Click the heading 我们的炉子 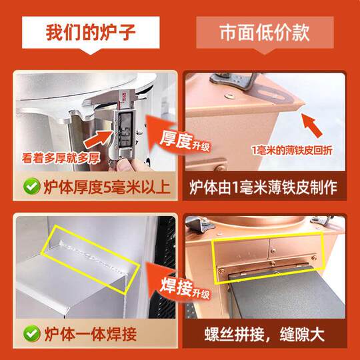tap(91, 32)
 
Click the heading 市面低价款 tap(265, 33)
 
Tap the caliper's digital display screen tap(125, 130)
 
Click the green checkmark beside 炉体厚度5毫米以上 tap(32, 186)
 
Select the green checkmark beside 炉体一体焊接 tap(32, 333)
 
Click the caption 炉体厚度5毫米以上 tap(107, 187)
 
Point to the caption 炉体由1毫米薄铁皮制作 tap(263, 187)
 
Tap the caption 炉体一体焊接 tap(91, 334)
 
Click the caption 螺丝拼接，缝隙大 tap(264, 334)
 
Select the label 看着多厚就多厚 tap(61, 158)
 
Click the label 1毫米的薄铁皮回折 tap(292, 151)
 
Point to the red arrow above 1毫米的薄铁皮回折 tap(312, 125)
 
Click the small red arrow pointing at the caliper tap(98, 139)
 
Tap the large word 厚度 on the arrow tap(175, 139)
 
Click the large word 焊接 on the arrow tap(176, 287)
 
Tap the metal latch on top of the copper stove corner tap(234, 81)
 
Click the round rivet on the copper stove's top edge tap(229, 97)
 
